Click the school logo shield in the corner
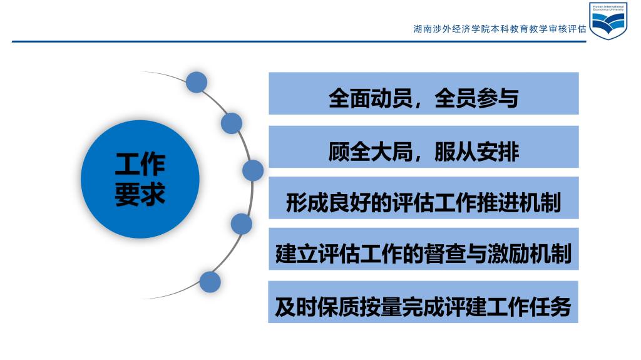608,21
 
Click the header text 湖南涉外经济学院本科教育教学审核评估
500,29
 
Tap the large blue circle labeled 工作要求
140,179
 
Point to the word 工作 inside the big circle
140,165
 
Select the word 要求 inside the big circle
140,193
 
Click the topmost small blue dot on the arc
196,82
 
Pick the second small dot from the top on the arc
232,123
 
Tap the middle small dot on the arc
253,170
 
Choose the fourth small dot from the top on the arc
241,224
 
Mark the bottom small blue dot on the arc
210,282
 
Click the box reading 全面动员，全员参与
424,93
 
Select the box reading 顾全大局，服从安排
424,147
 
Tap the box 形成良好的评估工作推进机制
424,198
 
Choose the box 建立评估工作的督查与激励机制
424,249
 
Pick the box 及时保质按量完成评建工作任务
423,302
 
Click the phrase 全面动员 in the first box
371,98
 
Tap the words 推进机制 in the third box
519,203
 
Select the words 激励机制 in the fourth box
530,254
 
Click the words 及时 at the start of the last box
296,307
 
